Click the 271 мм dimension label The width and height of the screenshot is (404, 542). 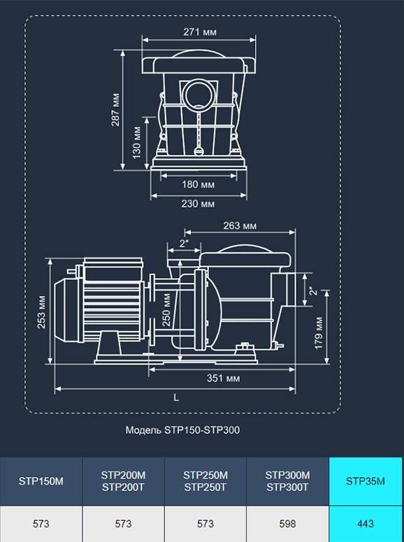coord(200,32)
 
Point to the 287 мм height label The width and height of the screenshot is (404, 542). coord(115,110)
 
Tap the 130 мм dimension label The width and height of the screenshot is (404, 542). coord(137,142)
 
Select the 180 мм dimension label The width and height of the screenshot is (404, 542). coord(199,184)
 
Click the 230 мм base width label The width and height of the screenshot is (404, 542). coord(198,204)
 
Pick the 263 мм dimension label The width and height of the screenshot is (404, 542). coord(240,226)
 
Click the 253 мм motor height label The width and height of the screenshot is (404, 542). coord(41,312)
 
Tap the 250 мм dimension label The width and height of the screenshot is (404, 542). coord(166,309)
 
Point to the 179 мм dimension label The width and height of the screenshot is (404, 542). coord(319,333)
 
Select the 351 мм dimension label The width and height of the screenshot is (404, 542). coord(223,378)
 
